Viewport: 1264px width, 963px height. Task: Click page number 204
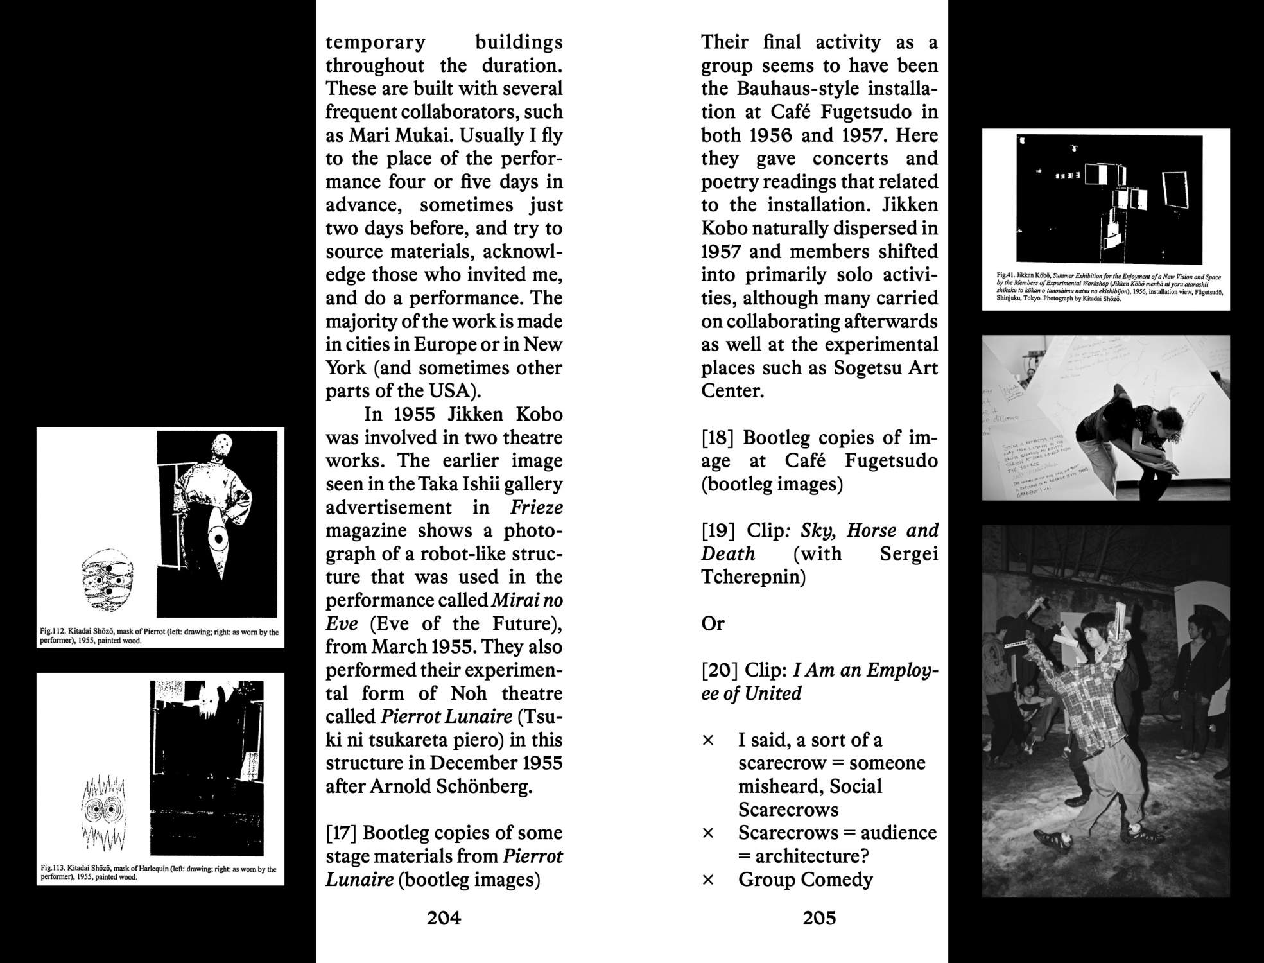(444, 918)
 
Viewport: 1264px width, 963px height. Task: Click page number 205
(819, 918)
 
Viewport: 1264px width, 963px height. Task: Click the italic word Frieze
(537, 507)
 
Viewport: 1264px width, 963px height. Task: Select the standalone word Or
(713, 623)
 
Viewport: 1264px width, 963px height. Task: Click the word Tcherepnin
(753, 577)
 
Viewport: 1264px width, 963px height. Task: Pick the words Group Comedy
(805, 880)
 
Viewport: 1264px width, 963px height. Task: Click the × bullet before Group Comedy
(708, 880)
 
